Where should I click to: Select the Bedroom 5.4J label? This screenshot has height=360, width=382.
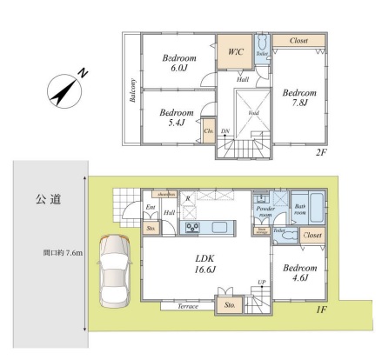176,118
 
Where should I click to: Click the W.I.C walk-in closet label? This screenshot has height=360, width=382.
235,52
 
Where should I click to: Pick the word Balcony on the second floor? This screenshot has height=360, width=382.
133,91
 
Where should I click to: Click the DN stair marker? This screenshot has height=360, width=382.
225,132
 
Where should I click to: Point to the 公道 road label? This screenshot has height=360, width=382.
49,200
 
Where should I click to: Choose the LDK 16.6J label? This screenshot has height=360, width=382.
205,263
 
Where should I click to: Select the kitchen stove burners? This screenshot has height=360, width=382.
190,229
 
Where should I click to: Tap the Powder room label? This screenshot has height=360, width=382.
266,213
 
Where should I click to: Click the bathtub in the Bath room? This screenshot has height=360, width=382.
316,209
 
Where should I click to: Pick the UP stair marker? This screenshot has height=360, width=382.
261,283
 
